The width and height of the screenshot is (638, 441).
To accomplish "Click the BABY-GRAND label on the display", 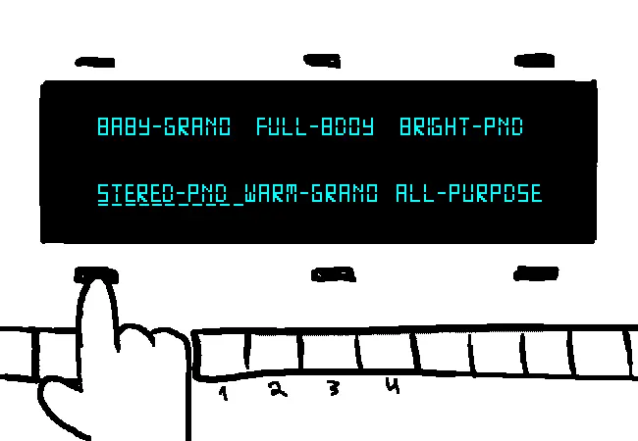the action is tap(164, 126).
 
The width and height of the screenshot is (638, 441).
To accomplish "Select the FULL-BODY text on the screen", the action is tap(315, 126).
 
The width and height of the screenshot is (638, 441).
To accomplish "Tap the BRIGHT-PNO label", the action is tap(461, 126).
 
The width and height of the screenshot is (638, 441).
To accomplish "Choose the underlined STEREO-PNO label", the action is tap(163, 194).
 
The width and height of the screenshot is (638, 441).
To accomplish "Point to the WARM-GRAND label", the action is tap(311, 193).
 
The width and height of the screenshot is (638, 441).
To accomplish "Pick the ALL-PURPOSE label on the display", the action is tap(469, 193).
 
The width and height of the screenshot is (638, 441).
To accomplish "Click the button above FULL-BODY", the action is tap(322, 61).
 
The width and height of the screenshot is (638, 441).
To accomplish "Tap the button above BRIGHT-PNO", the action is tap(534, 61).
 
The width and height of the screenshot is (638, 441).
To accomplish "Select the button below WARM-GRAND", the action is tap(334, 274).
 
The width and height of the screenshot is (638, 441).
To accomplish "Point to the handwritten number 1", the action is tap(223, 393).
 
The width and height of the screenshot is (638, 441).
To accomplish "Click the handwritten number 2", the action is tap(278, 389).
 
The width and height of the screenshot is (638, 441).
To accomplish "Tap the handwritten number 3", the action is tap(334, 388).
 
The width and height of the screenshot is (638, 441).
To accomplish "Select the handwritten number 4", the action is tap(393, 385).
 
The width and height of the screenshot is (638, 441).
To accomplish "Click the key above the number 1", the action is tap(222, 353).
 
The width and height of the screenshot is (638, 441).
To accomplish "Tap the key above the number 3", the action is tap(330, 352).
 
